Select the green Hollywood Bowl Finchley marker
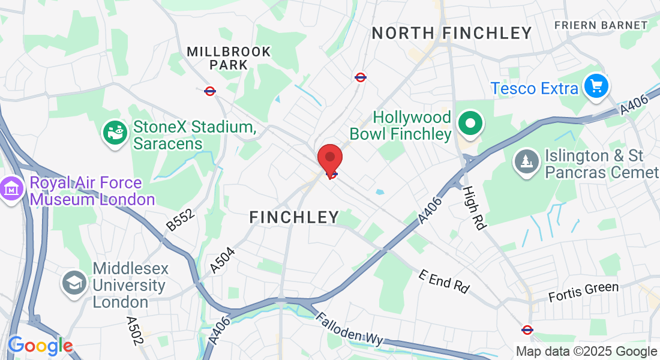pos(471,124)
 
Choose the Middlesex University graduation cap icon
pos(76,283)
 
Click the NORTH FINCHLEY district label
pos(452,33)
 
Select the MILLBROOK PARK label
pos(229,58)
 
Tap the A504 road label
pos(223,260)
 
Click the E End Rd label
pos(444,281)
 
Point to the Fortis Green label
pos(584,292)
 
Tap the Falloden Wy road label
pos(349,329)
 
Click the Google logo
pos(40,346)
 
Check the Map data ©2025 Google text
pos(586,352)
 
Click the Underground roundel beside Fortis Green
pos(527,329)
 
